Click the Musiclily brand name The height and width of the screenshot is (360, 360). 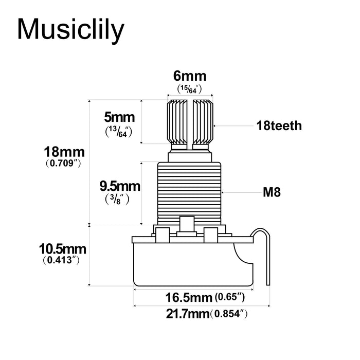tap(70, 30)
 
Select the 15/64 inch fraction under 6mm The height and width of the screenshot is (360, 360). tap(189, 89)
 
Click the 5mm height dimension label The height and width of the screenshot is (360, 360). tap(119, 118)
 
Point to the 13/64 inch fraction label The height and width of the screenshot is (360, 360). tap(119, 132)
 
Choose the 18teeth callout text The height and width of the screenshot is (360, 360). tap(279, 125)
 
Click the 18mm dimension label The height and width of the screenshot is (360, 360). tap(64, 153)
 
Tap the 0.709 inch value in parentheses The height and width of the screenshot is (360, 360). tap(64, 165)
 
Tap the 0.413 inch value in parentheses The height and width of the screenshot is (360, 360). tap(62, 261)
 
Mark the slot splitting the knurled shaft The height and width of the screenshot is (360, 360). tap(190, 121)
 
